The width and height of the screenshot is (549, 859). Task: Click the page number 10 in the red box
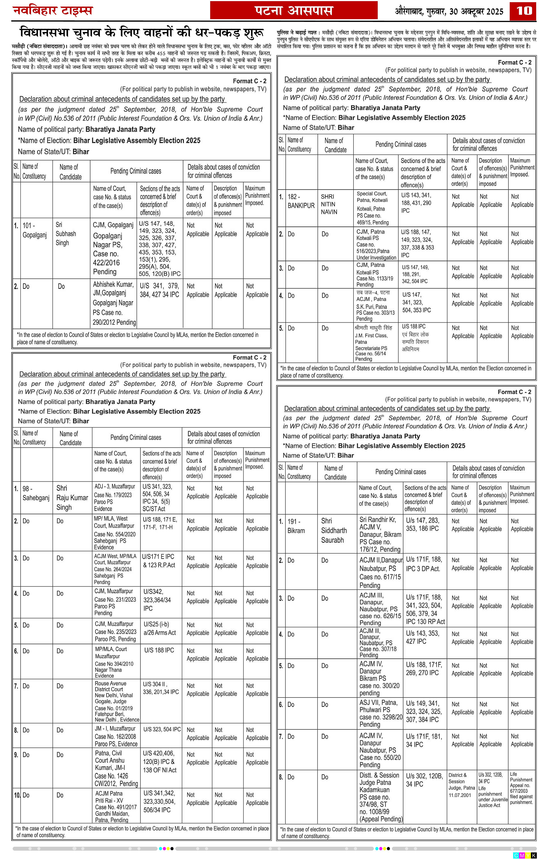[x=524, y=11]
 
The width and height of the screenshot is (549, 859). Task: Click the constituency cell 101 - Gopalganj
[x=35, y=230]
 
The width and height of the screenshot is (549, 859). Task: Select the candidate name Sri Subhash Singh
[x=66, y=234]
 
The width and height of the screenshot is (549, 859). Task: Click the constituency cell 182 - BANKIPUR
[x=301, y=201]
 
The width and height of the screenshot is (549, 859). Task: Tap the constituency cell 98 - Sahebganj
[x=36, y=493]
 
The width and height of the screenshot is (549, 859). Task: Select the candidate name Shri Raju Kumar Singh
[x=72, y=498]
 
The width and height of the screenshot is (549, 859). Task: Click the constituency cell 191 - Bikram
[x=296, y=526]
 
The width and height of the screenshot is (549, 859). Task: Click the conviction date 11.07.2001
[x=460, y=795]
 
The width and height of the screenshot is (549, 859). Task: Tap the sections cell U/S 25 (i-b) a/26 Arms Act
[x=159, y=628]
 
